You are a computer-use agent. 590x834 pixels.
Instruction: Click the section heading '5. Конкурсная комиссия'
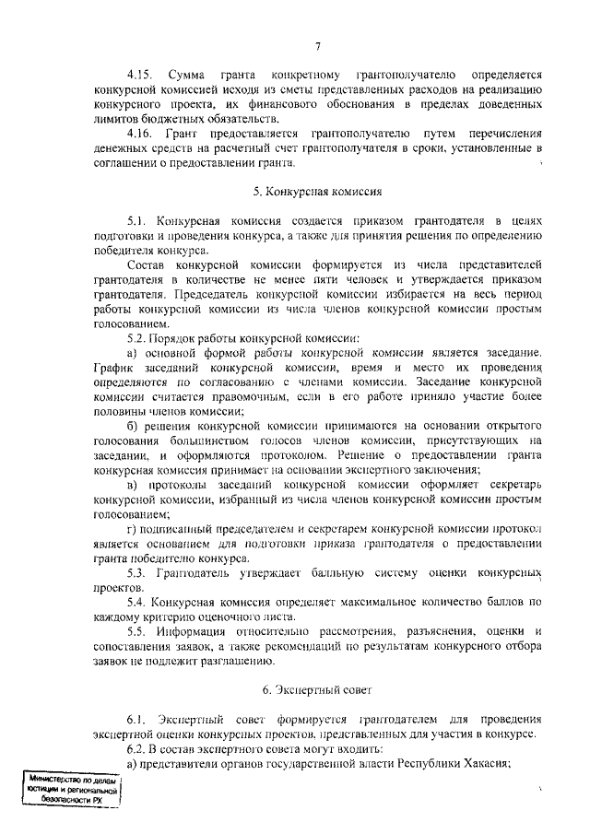316,193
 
